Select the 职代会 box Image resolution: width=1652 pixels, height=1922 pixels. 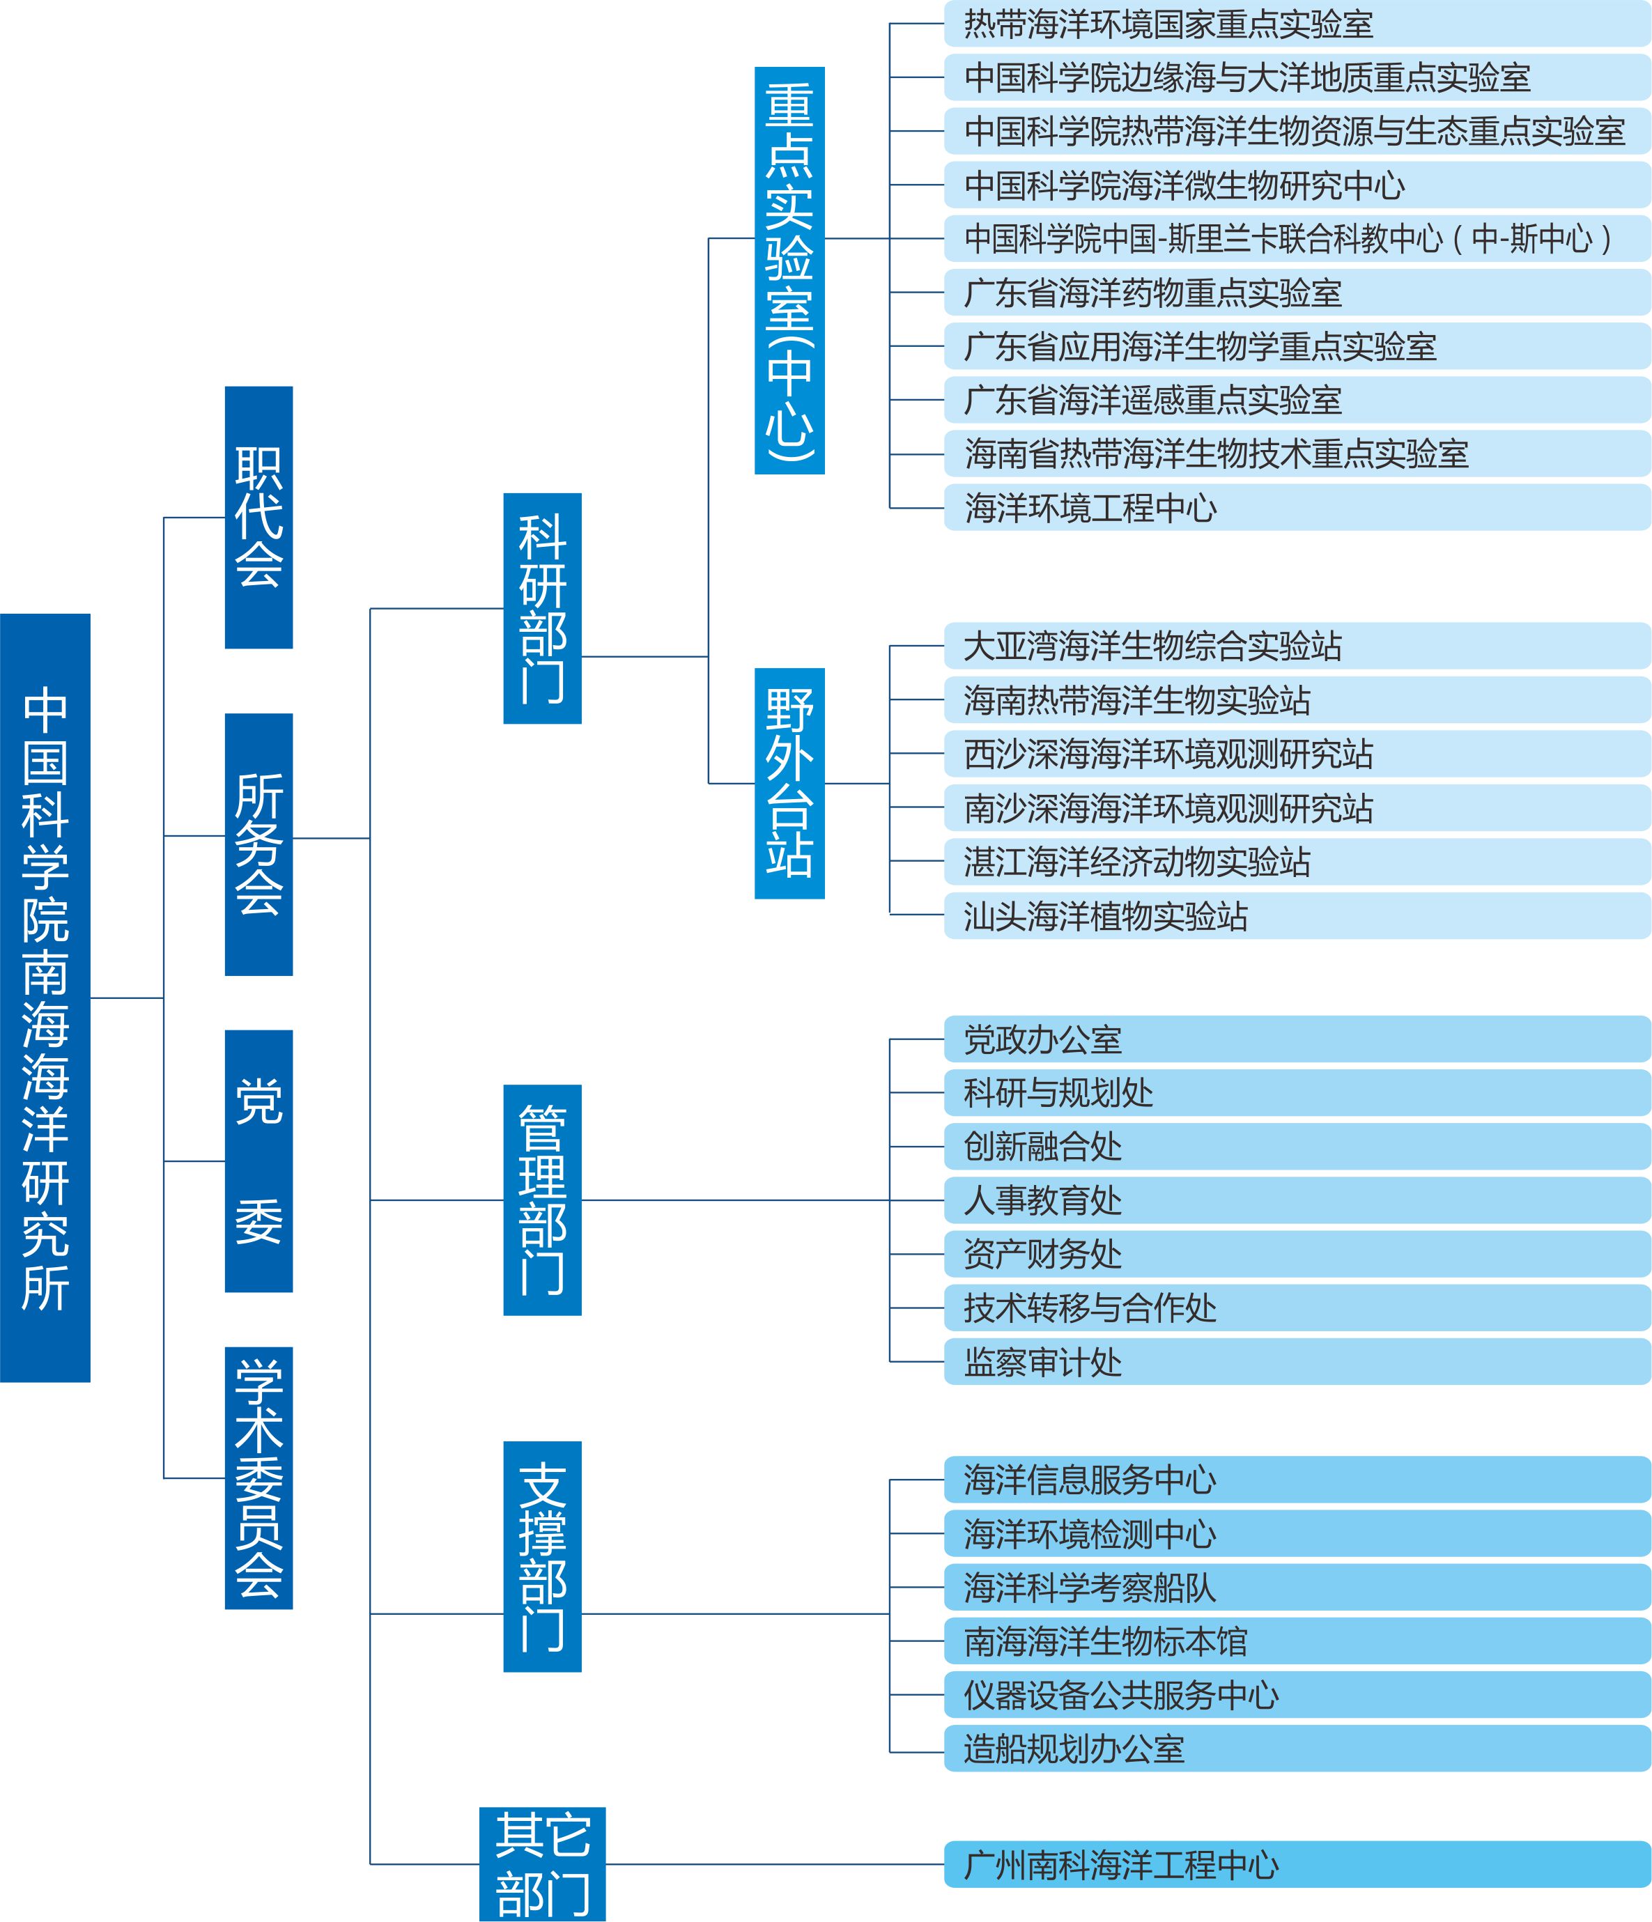point(258,517)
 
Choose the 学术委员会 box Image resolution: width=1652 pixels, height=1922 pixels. point(258,1477)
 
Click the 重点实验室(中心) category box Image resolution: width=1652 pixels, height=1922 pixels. point(789,270)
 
